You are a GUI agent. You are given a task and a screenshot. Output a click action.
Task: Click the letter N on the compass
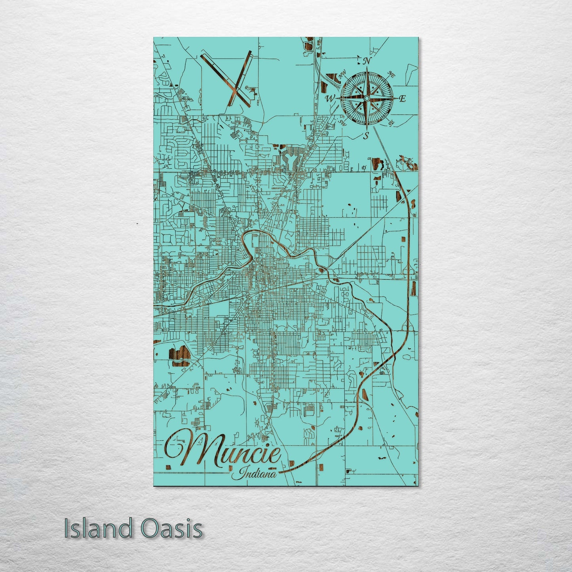click(367, 61)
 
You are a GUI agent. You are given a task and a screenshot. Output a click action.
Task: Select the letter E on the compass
click(403, 99)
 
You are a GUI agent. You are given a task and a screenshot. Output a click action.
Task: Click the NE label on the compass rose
click(392, 74)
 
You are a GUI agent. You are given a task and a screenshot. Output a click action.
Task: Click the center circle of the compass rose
click(367, 98)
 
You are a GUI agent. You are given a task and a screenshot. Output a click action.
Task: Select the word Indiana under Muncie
click(257, 473)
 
